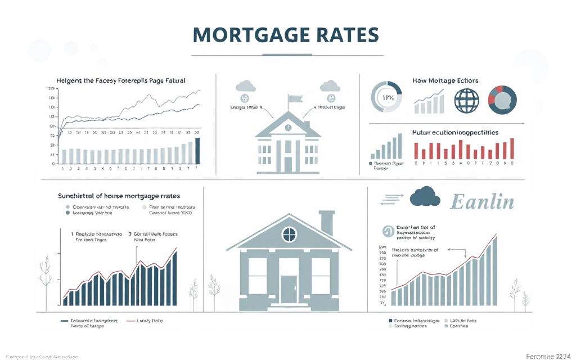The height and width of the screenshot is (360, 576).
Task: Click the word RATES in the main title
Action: (x=343, y=35)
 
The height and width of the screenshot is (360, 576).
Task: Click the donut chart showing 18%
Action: (x=386, y=97)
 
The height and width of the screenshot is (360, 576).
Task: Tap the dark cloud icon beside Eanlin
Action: (x=424, y=197)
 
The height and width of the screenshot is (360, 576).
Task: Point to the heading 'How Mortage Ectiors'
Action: (x=445, y=81)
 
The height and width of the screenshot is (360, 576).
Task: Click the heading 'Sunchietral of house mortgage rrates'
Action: (x=119, y=196)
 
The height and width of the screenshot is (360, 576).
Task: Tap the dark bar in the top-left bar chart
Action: (x=197, y=150)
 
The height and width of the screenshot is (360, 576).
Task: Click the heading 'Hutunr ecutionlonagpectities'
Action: (x=454, y=133)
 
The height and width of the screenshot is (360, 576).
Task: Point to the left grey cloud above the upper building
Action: (x=246, y=86)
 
